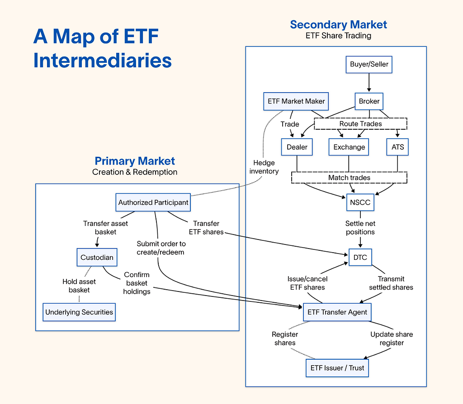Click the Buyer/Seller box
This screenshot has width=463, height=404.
(369, 64)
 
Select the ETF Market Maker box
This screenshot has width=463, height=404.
(296, 101)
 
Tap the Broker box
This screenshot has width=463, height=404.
(369, 101)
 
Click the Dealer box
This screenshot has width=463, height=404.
(297, 147)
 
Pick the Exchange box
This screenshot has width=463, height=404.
(349, 147)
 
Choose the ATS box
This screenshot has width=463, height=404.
(397, 147)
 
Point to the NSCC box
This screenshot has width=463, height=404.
(360, 202)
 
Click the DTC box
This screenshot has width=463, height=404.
(360, 258)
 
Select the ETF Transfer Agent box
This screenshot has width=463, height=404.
(337, 312)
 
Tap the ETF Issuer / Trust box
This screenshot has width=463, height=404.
(337, 368)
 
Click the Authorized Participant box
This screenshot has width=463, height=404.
(153, 202)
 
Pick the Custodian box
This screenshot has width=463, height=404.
(97, 258)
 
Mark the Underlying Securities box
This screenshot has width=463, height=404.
(79, 312)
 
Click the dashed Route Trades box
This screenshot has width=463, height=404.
(360, 124)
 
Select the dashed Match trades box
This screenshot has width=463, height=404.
(349, 178)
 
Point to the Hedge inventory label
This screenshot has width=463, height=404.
(264, 167)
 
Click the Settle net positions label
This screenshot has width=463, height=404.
(360, 228)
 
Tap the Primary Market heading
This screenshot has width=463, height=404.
(135, 161)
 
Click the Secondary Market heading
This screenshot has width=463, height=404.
(339, 24)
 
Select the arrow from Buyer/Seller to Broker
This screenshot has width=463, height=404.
(369, 83)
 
